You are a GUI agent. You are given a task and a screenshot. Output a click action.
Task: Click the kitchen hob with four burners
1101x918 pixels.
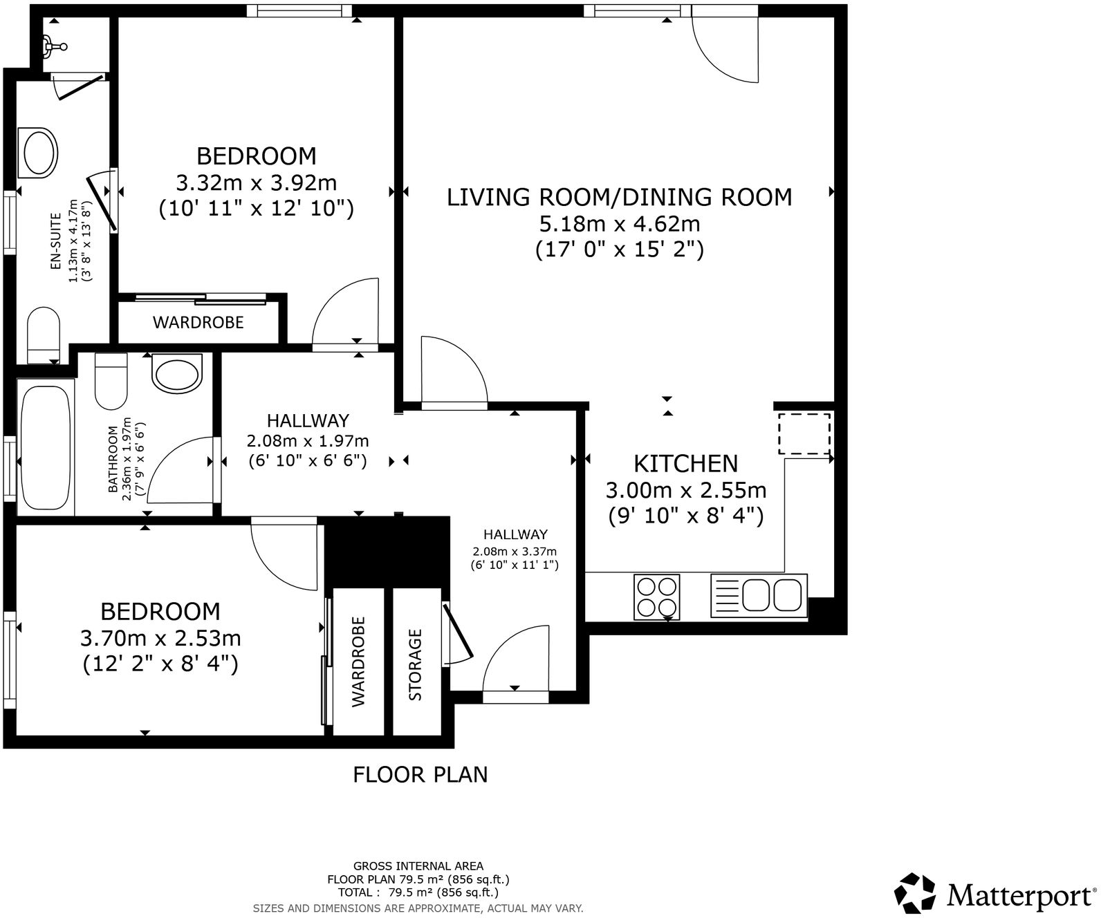[x=657, y=597]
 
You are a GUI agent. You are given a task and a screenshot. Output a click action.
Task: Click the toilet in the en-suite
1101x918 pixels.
[x=44, y=335]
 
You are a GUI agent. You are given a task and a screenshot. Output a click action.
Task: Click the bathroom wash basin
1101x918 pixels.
[x=177, y=374]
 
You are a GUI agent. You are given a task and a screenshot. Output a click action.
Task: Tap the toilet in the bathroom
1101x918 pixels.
[x=111, y=382]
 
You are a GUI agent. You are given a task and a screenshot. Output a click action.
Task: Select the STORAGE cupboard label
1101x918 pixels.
[x=416, y=664]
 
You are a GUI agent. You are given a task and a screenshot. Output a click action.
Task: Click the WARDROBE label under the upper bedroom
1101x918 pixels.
[x=198, y=322]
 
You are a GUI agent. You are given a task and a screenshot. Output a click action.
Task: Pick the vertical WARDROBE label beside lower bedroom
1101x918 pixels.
[x=358, y=662]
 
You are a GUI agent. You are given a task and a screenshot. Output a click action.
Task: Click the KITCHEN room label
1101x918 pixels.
[x=686, y=463]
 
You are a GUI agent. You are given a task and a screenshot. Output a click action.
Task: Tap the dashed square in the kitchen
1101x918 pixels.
[x=804, y=433]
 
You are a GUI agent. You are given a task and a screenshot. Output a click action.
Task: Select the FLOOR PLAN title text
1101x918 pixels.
[x=420, y=775]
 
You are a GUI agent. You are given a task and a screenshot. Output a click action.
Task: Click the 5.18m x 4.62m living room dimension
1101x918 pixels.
[x=619, y=224]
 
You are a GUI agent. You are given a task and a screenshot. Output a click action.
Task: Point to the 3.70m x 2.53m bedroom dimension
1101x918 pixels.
[x=160, y=637]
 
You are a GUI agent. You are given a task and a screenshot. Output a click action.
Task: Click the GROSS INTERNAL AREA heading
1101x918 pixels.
[x=418, y=866]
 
